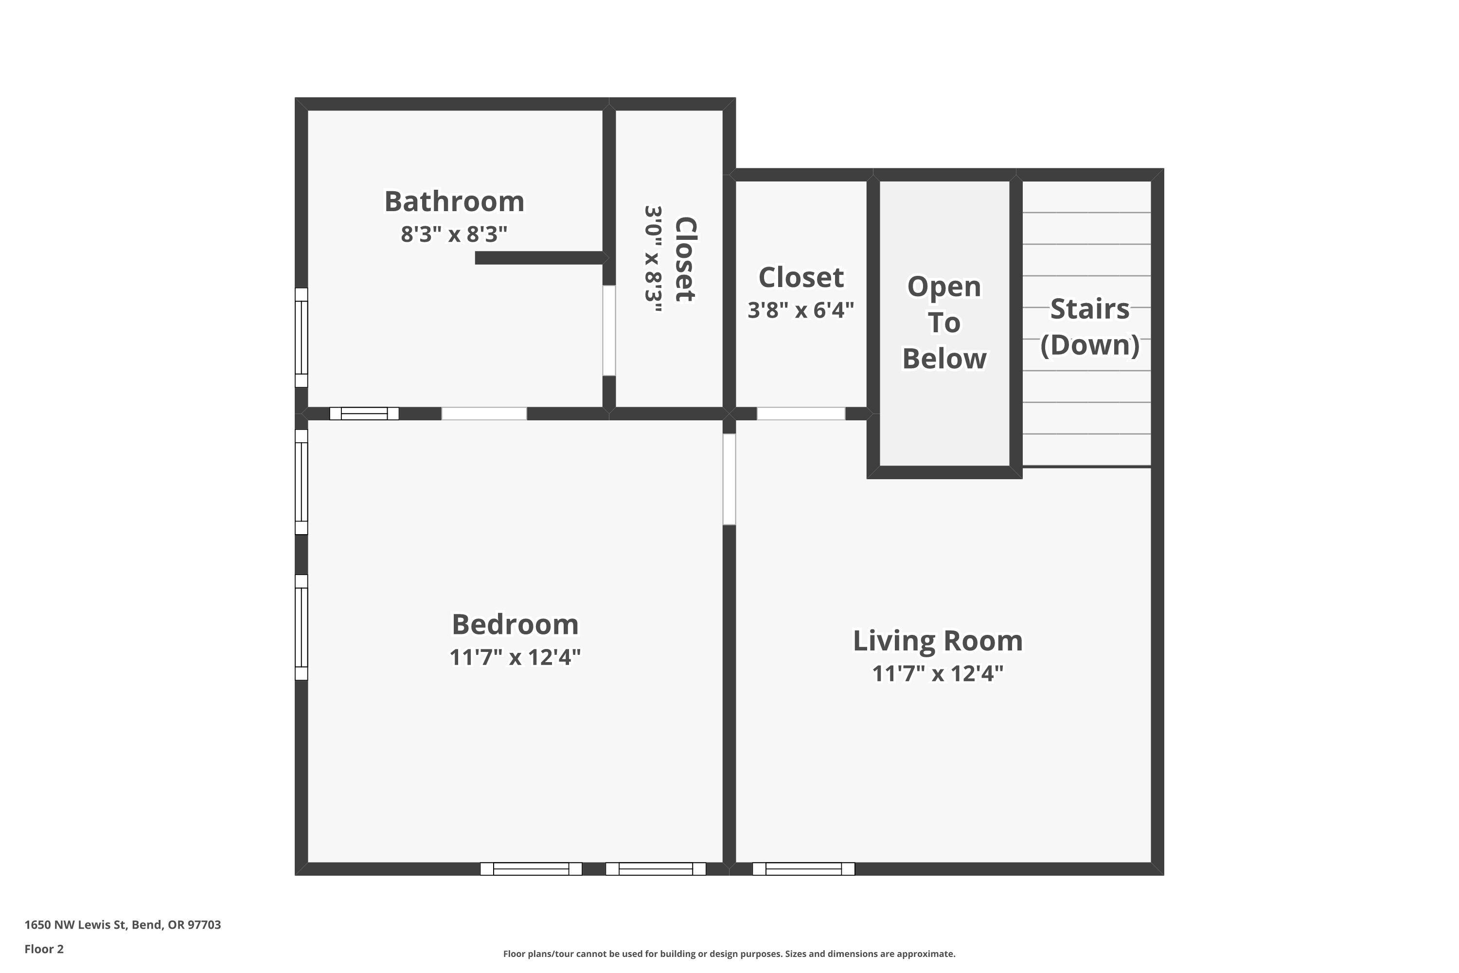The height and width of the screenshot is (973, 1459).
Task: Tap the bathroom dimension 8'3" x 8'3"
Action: tap(454, 234)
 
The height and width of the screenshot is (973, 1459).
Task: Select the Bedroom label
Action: tap(515, 624)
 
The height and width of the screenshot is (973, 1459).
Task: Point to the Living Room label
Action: tap(937, 641)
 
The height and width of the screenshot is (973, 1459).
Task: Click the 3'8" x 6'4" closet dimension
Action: tap(800, 309)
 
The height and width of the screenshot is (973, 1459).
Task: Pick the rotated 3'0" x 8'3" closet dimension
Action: tap(654, 259)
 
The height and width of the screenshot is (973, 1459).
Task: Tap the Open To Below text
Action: tap(944, 323)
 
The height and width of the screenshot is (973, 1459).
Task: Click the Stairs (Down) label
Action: tap(1089, 326)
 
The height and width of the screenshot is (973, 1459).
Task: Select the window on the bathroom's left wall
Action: tap(301, 337)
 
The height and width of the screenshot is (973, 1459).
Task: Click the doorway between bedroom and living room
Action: tap(729, 479)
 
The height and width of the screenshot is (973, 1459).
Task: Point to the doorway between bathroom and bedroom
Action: tap(484, 413)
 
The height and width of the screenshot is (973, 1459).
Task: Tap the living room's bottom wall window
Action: tap(803, 869)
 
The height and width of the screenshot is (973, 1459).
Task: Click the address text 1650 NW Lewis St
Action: tap(122, 925)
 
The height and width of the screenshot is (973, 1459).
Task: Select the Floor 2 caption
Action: tap(44, 949)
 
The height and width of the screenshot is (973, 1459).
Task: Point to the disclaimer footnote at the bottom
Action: tap(729, 954)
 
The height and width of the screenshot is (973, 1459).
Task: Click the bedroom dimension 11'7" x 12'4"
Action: tap(515, 657)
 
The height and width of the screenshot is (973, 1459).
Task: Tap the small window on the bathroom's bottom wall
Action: tap(364, 413)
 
